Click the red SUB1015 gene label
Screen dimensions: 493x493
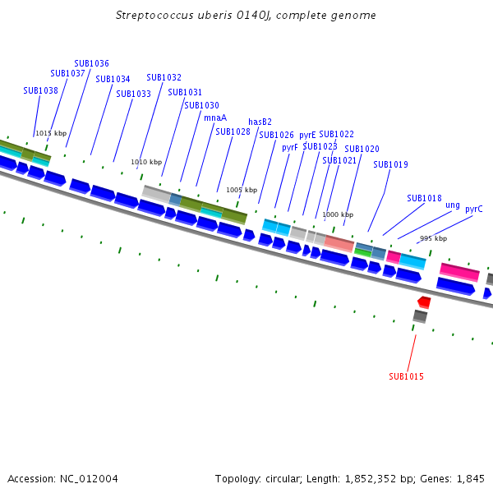pyautogui.click(x=405, y=376)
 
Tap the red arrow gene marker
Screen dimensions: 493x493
pyautogui.click(x=424, y=302)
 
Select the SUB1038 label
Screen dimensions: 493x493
pyautogui.click(x=40, y=91)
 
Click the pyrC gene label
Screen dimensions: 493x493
pyautogui.click(x=474, y=209)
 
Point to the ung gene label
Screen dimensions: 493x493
pyautogui.click(x=453, y=205)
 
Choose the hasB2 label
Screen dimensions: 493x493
pyautogui.click(x=260, y=122)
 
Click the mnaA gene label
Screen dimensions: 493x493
pyautogui.click(x=215, y=117)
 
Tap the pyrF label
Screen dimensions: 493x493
pyautogui.click(x=290, y=148)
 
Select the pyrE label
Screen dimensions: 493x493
pyautogui.click(x=307, y=135)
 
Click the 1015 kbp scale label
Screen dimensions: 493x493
pyautogui.click(x=51, y=133)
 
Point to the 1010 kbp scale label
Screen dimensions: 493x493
pyautogui.click(x=146, y=162)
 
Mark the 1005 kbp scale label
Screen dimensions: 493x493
pyautogui.click(x=242, y=190)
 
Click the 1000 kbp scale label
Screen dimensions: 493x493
pyautogui.click(x=337, y=214)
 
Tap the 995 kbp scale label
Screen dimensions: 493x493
pyautogui.click(x=433, y=238)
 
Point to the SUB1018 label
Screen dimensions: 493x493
pyautogui.click(x=424, y=198)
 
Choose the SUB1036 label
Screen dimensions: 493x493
pyautogui.click(x=91, y=63)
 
